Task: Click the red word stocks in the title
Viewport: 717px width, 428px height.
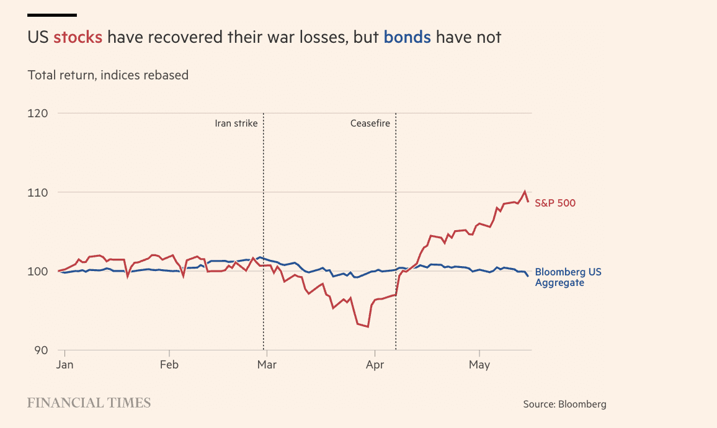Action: pyautogui.click(x=78, y=37)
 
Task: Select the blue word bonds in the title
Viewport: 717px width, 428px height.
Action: pyautogui.click(x=407, y=37)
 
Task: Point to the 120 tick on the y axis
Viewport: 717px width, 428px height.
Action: pyautogui.click(x=37, y=114)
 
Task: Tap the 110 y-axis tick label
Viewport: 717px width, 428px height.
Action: pyautogui.click(x=37, y=192)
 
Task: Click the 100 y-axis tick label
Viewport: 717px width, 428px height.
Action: pyautogui.click(x=37, y=272)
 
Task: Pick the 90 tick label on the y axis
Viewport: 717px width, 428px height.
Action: pyautogui.click(x=41, y=350)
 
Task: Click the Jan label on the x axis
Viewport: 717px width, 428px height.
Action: pyautogui.click(x=65, y=365)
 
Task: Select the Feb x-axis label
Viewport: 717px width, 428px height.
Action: pyautogui.click(x=169, y=365)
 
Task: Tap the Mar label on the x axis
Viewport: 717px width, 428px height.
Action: pyautogui.click(x=267, y=365)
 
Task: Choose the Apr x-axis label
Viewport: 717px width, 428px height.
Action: pyautogui.click(x=375, y=365)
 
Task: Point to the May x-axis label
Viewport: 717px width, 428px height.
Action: pyautogui.click(x=479, y=365)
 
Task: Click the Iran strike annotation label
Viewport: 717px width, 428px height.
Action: pyautogui.click(x=236, y=123)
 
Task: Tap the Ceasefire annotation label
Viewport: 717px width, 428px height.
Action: pyautogui.click(x=370, y=123)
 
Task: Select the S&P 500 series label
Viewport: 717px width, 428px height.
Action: pyautogui.click(x=555, y=203)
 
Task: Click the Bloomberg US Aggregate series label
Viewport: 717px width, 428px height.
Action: pyautogui.click(x=568, y=277)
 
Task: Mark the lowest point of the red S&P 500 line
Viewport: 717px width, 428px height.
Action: pyautogui.click(x=368, y=327)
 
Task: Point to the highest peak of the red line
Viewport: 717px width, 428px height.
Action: pyautogui.click(x=525, y=192)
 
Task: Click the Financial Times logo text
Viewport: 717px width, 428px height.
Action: pyautogui.click(x=89, y=403)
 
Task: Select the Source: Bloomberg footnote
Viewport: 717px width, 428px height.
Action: pyautogui.click(x=564, y=404)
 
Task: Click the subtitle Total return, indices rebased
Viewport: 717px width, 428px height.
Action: pyautogui.click(x=108, y=75)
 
